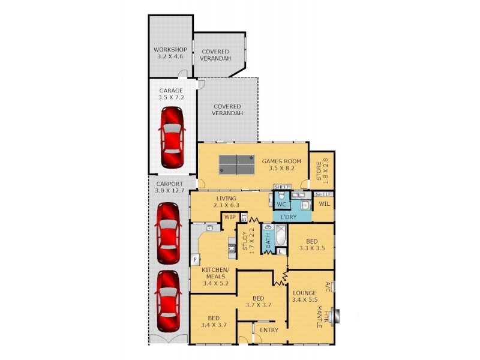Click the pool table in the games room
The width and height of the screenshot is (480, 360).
(x=236, y=161)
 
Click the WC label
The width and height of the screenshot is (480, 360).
(x=281, y=204)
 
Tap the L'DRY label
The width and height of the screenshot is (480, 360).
(x=284, y=215)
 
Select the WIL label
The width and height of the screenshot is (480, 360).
(x=324, y=205)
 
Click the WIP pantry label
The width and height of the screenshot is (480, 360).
(x=229, y=217)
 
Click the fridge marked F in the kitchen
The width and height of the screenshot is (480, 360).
(x=195, y=259)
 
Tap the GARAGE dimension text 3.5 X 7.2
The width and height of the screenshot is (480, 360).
(x=170, y=96)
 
